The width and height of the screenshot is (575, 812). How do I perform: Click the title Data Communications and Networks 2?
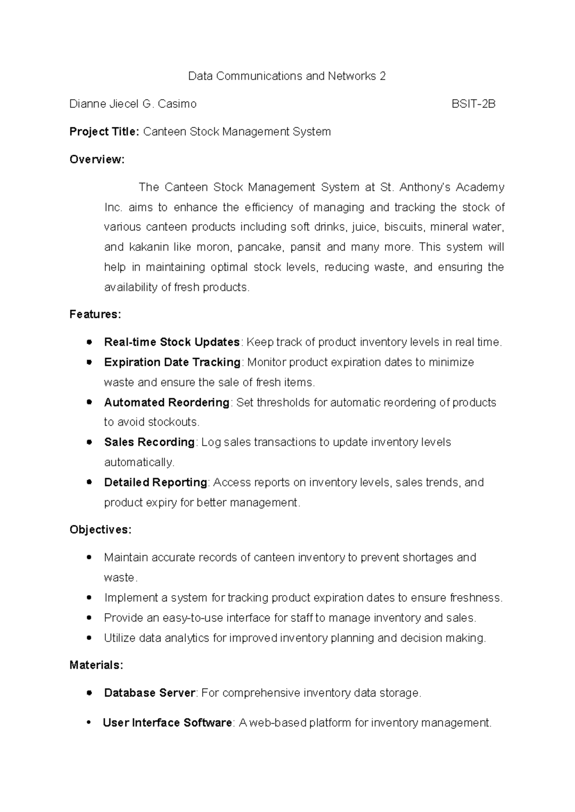tap(287, 76)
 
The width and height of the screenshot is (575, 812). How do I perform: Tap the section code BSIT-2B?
tap(473, 104)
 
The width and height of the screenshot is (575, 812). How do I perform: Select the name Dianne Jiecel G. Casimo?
tap(133, 104)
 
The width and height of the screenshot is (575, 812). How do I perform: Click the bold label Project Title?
tap(104, 132)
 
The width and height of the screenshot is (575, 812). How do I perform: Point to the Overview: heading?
tap(97, 159)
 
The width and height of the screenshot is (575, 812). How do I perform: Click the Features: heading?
tap(95, 315)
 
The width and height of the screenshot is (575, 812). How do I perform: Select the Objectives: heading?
tap(100, 530)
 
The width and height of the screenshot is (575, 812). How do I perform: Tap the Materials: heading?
tap(96, 665)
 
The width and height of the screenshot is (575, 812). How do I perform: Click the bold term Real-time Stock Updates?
tap(172, 342)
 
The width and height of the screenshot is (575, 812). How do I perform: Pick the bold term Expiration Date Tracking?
tap(172, 362)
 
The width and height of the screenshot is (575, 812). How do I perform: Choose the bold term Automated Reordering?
tap(167, 403)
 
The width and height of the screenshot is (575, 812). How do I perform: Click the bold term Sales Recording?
tap(149, 442)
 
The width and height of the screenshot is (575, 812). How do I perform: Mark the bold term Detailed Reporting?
tap(156, 483)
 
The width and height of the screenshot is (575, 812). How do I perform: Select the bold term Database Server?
tap(149, 693)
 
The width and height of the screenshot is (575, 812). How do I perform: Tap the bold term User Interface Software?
tap(167, 722)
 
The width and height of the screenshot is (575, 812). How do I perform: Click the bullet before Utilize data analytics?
tap(89, 638)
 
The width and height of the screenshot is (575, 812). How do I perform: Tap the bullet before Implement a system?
tap(89, 598)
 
